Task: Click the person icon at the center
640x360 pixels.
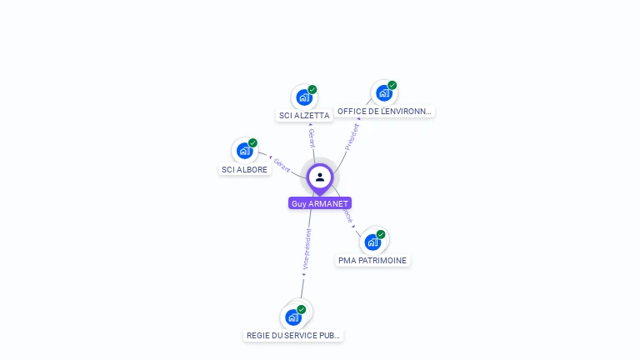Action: (x=320, y=177)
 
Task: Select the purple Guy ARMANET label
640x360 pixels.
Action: (x=320, y=203)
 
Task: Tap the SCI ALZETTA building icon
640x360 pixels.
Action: (x=303, y=97)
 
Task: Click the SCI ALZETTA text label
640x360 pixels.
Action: (x=304, y=116)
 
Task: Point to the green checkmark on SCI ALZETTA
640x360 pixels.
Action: (x=312, y=89)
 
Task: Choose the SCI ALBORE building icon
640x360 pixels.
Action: (x=244, y=151)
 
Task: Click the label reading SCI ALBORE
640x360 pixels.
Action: (x=244, y=169)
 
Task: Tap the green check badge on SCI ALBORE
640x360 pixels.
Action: (x=252, y=142)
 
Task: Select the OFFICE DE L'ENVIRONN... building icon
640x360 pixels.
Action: (x=383, y=93)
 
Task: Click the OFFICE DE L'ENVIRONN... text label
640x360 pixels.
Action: (x=385, y=111)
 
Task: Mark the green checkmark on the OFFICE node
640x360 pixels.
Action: (x=392, y=85)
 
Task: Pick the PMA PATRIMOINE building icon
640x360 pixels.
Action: (x=372, y=242)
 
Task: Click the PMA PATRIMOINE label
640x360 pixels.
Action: (x=372, y=261)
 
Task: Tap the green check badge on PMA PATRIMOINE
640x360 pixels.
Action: (x=381, y=234)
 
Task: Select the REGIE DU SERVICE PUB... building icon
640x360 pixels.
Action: (x=292, y=317)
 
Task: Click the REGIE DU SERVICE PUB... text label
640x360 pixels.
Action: (x=293, y=336)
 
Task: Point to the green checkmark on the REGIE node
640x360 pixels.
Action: (x=301, y=309)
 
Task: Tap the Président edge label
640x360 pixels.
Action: (x=352, y=137)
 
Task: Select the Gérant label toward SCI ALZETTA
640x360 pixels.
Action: (x=312, y=138)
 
